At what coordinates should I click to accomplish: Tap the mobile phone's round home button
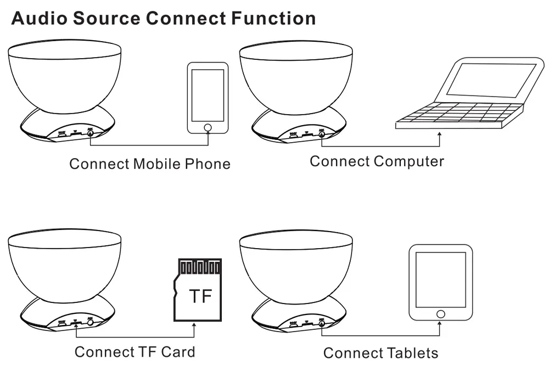pyautogui.click(x=207, y=128)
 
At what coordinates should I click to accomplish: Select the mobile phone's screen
pyautogui.click(x=207, y=95)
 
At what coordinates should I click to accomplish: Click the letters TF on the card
pyautogui.click(x=200, y=296)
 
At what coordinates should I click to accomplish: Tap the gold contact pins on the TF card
pyautogui.click(x=200, y=267)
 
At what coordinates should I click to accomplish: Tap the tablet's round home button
pyautogui.click(x=440, y=314)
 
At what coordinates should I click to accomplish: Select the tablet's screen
pyautogui.click(x=440, y=279)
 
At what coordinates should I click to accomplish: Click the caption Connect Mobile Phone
pyautogui.click(x=149, y=164)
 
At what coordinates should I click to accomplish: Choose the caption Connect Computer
pyautogui.click(x=377, y=161)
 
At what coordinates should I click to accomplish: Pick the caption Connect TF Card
pyautogui.click(x=135, y=351)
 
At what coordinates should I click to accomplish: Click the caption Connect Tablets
pyautogui.click(x=380, y=352)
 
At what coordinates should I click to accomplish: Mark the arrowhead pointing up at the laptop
pyautogui.click(x=440, y=134)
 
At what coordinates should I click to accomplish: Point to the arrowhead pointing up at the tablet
pyautogui.click(x=440, y=325)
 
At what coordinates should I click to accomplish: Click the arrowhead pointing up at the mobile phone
pyautogui.click(x=208, y=137)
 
